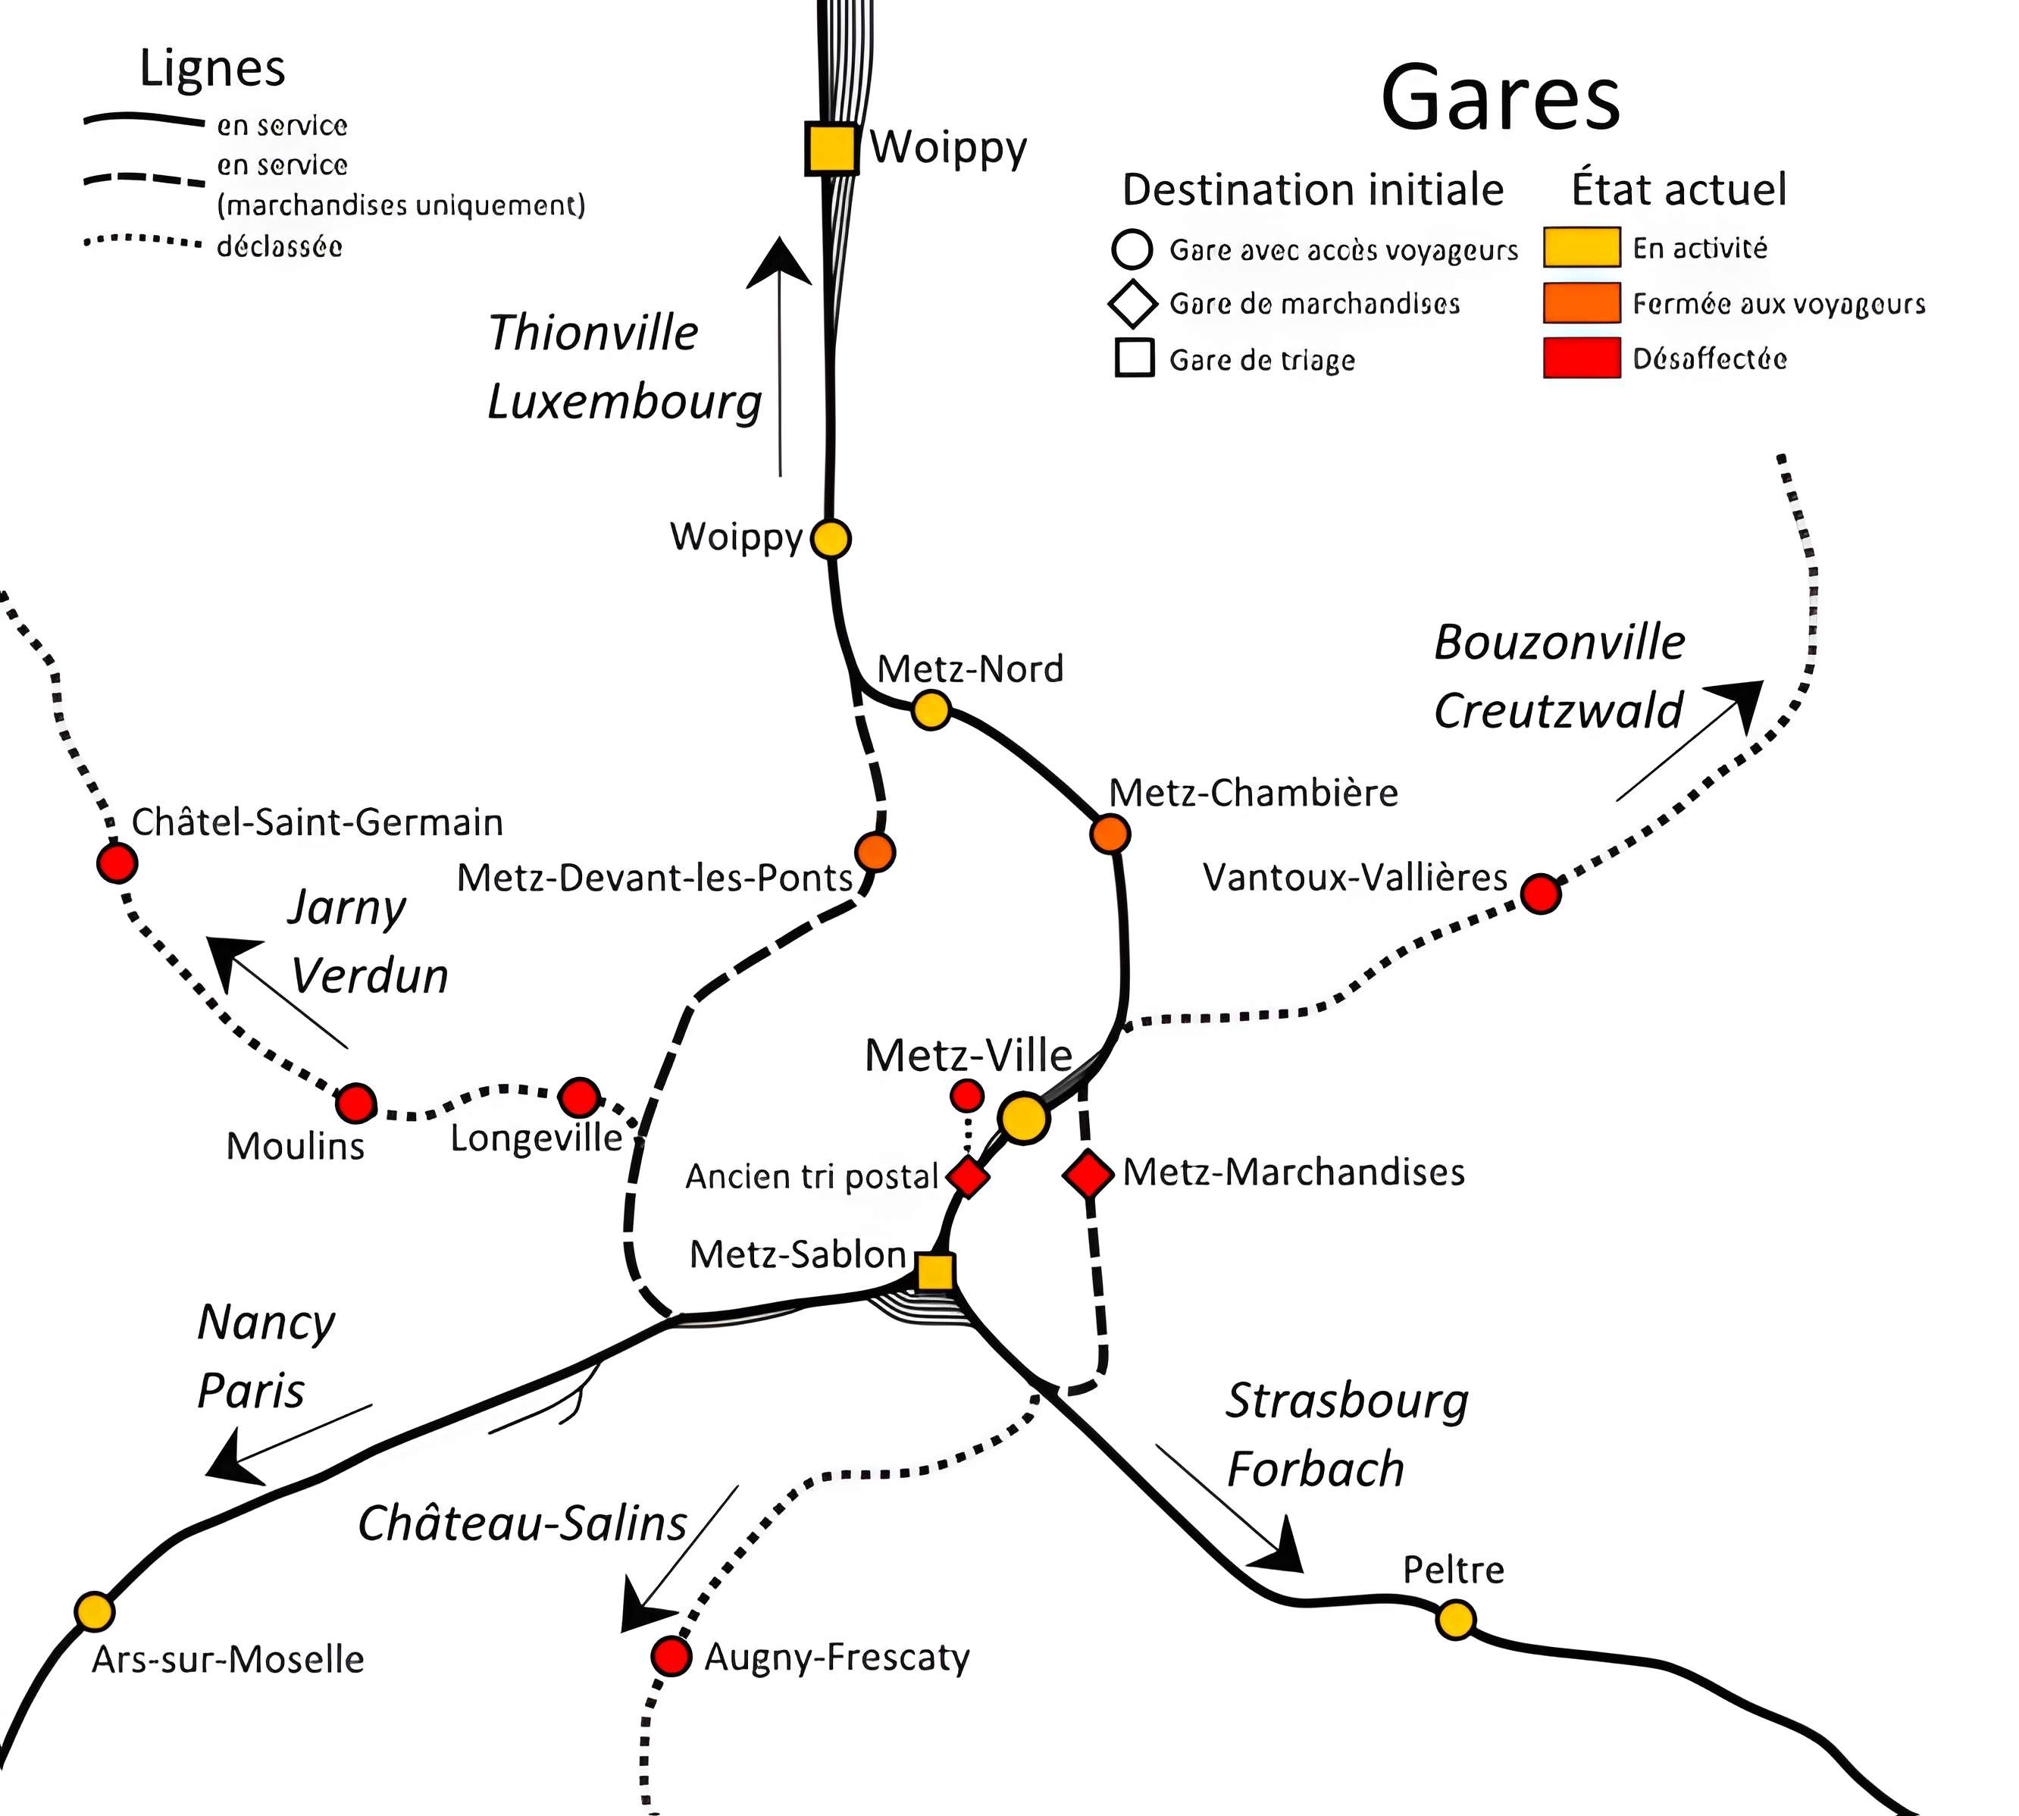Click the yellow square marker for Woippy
831,149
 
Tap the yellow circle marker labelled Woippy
830,539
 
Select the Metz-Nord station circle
931,709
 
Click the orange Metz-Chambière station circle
1110,833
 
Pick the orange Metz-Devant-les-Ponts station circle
875,852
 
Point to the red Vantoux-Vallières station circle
1542,893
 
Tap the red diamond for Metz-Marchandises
1088,1173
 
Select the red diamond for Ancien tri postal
968,1176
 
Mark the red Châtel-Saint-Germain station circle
117,862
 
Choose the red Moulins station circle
355,1104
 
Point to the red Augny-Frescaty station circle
671,1656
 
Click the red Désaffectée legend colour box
1581,359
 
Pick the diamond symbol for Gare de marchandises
1132,303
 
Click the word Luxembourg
624,402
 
